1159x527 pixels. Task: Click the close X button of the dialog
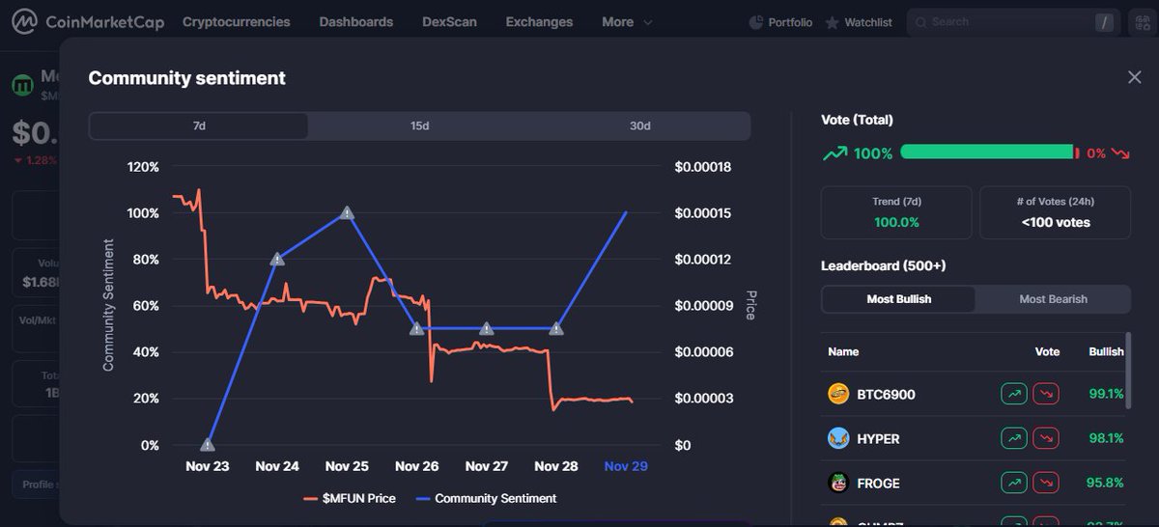coord(1134,77)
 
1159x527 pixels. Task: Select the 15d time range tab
coord(419,126)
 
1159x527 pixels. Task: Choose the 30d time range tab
coord(639,126)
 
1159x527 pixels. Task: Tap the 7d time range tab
coord(199,126)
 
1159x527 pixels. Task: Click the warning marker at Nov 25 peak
coord(347,212)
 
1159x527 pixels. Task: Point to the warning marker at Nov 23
coord(208,445)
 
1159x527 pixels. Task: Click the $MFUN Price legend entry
coord(350,498)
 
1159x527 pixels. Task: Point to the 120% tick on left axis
coord(143,167)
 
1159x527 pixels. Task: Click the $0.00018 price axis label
coord(702,167)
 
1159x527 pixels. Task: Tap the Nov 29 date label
coord(625,466)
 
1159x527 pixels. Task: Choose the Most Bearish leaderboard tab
coord(1053,299)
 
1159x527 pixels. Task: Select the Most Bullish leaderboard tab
coord(898,299)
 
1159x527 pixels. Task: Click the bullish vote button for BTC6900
coord(1013,394)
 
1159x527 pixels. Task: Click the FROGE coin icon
coord(838,483)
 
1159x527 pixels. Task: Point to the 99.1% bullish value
coord(1106,394)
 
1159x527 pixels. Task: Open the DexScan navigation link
coord(449,22)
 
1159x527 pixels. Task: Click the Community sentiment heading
coord(186,78)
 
